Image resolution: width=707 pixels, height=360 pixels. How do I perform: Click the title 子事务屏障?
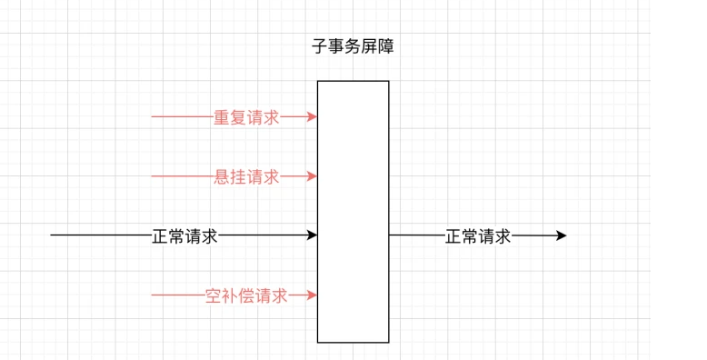pyautogui.click(x=353, y=47)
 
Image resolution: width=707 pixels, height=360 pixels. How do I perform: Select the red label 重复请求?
pyautogui.click(x=246, y=117)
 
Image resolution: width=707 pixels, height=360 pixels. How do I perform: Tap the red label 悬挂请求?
pyautogui.click(x=246, y=177)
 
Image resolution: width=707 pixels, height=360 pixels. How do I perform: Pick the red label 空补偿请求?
pyautogui.click(x=246, y=295)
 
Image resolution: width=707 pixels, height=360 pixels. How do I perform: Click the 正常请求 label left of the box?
pyautogui.click(x=184, y=236)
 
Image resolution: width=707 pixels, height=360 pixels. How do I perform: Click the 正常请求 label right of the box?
pyautogui.click(x=478, y=236)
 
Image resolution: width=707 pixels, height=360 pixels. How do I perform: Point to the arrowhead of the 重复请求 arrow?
pyautogui.click(x=313, y=117)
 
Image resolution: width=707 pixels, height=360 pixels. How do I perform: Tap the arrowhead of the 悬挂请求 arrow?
pyautogui.click(x=313, y=176)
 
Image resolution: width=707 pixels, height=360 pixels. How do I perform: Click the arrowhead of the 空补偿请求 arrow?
pyautogui.click(x=313, y=295)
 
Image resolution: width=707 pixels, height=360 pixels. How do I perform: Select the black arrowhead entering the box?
pyautogui.click(x=313, y=235)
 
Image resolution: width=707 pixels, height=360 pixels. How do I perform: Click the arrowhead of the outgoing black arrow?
pyautogui.click(x=562, y=235)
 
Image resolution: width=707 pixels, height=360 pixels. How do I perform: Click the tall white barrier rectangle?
pyautogui.click(x=353, y=211)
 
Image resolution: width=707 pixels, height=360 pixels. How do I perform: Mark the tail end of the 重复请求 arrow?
pyautogui.click(x=153, y=117)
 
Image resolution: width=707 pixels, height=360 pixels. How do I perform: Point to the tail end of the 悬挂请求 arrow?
pyautogui.click(x=153, y=176)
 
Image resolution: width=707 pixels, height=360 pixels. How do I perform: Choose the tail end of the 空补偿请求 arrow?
pyautogui.click(x=153, y=295)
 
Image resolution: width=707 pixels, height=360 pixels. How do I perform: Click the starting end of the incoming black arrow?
pyautogui.click(x=52, y=235)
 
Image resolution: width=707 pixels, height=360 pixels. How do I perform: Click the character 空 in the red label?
pyautogui.click(x=214, y=295)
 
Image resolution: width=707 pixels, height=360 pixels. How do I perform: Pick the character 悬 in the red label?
pyautogui.click(x=222, y=177)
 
